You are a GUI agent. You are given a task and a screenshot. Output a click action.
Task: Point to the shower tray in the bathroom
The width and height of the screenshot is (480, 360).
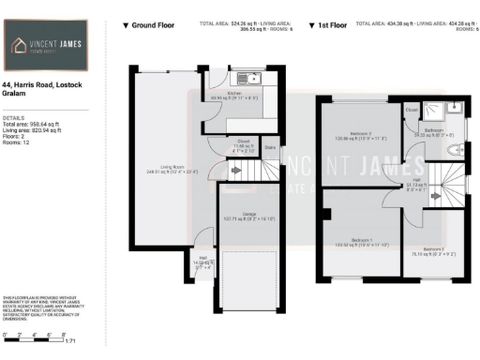[454, 110]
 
